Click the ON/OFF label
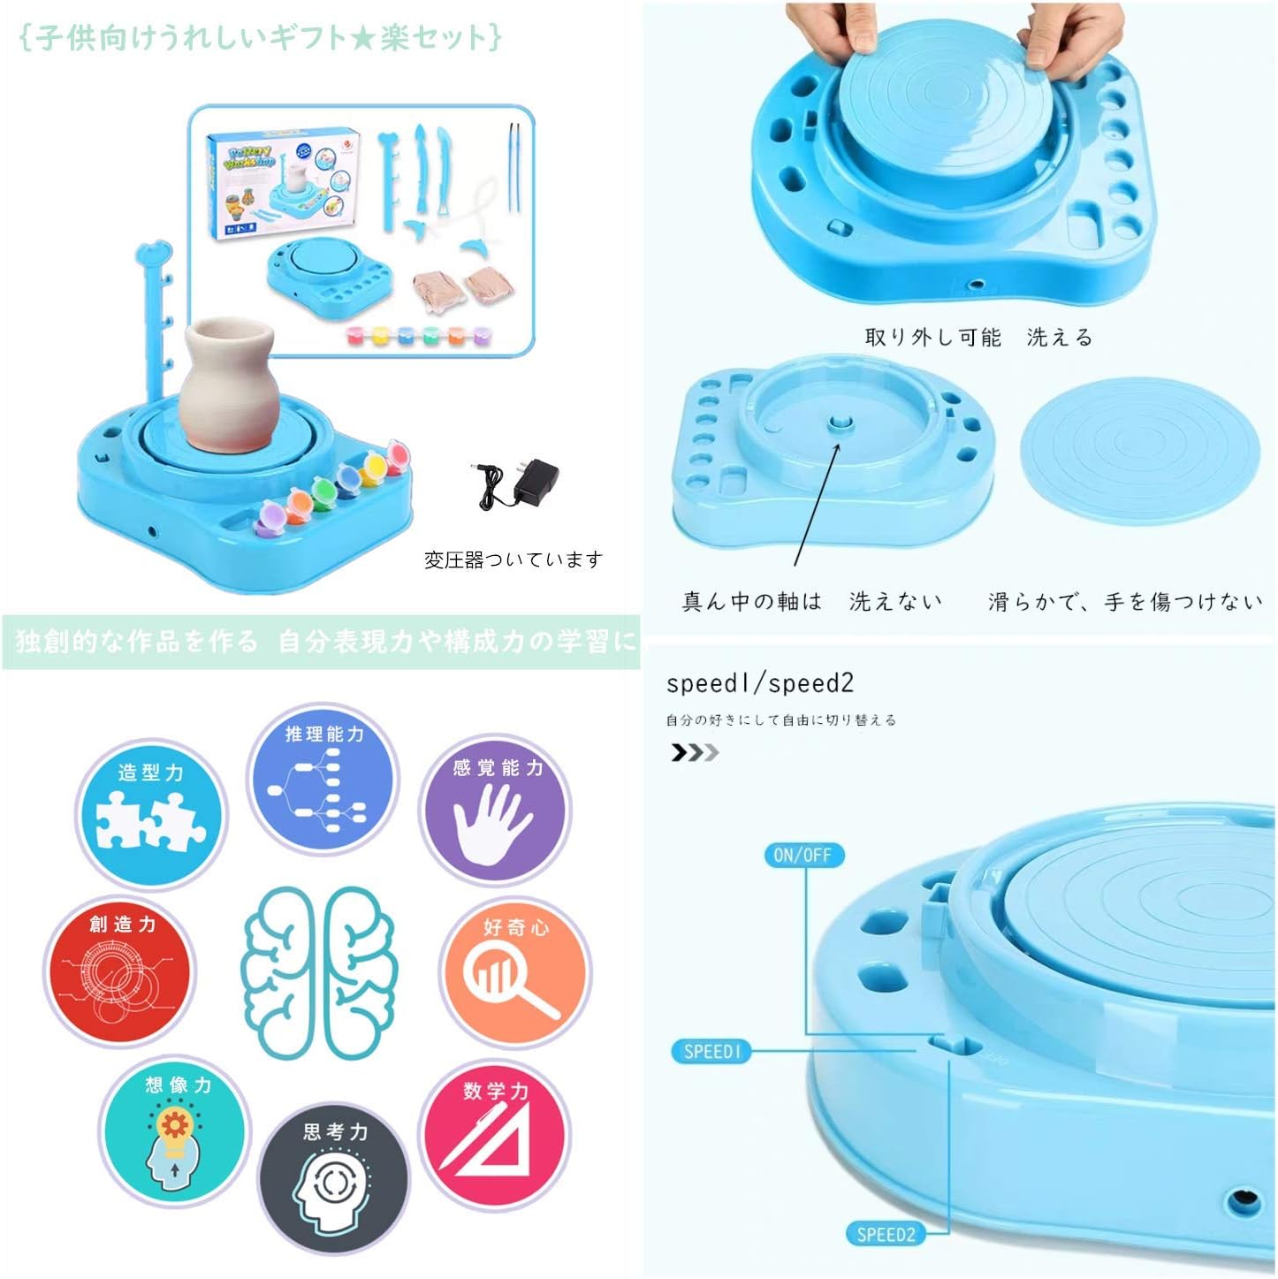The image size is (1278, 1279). coord(803,855)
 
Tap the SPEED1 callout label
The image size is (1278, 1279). coord(711,1051)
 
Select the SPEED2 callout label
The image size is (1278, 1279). coord(886,1234)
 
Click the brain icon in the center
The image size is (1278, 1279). coord(319,972)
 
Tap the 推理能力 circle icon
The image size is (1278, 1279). coord(323,779)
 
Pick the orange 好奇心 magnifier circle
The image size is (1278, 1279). coord(515,971)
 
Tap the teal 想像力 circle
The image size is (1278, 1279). coord(176,1131)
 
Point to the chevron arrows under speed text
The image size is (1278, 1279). coord(694,753)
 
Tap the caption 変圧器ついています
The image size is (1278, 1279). coord(513,560)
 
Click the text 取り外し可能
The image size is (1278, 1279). coord(932,337)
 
